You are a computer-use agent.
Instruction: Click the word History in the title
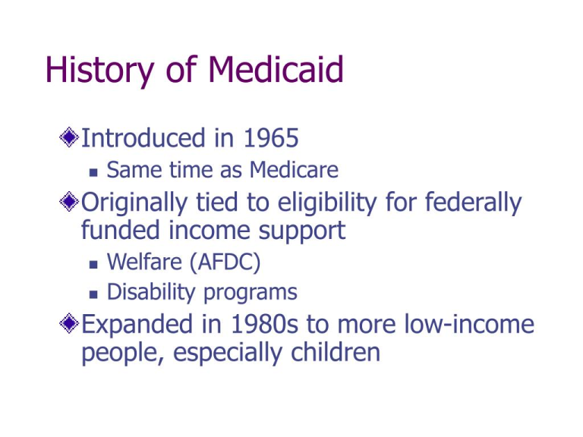click(99, 71)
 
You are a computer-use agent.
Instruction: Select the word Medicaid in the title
click(276, 69)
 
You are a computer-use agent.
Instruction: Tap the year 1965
click(271, 138)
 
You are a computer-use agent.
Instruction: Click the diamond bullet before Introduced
click(69, 137)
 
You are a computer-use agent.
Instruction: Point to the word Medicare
click(294, 170)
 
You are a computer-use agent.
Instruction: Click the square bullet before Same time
click(93, 172)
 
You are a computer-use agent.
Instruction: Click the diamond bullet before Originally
click(69, 202)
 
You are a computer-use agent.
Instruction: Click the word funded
click(121, 230)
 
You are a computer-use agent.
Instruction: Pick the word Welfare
click(144, 261)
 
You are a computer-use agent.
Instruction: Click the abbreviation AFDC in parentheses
click(225, 262)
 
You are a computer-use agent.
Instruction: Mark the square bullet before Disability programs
click(93, 294)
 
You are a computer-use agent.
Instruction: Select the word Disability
click(151, 292)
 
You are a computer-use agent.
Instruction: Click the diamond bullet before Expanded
click(69, 323)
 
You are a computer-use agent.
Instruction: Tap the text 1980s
click(264, 324)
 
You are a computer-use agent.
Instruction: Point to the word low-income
click(469, 324)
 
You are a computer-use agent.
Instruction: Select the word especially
click(227, 354)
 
